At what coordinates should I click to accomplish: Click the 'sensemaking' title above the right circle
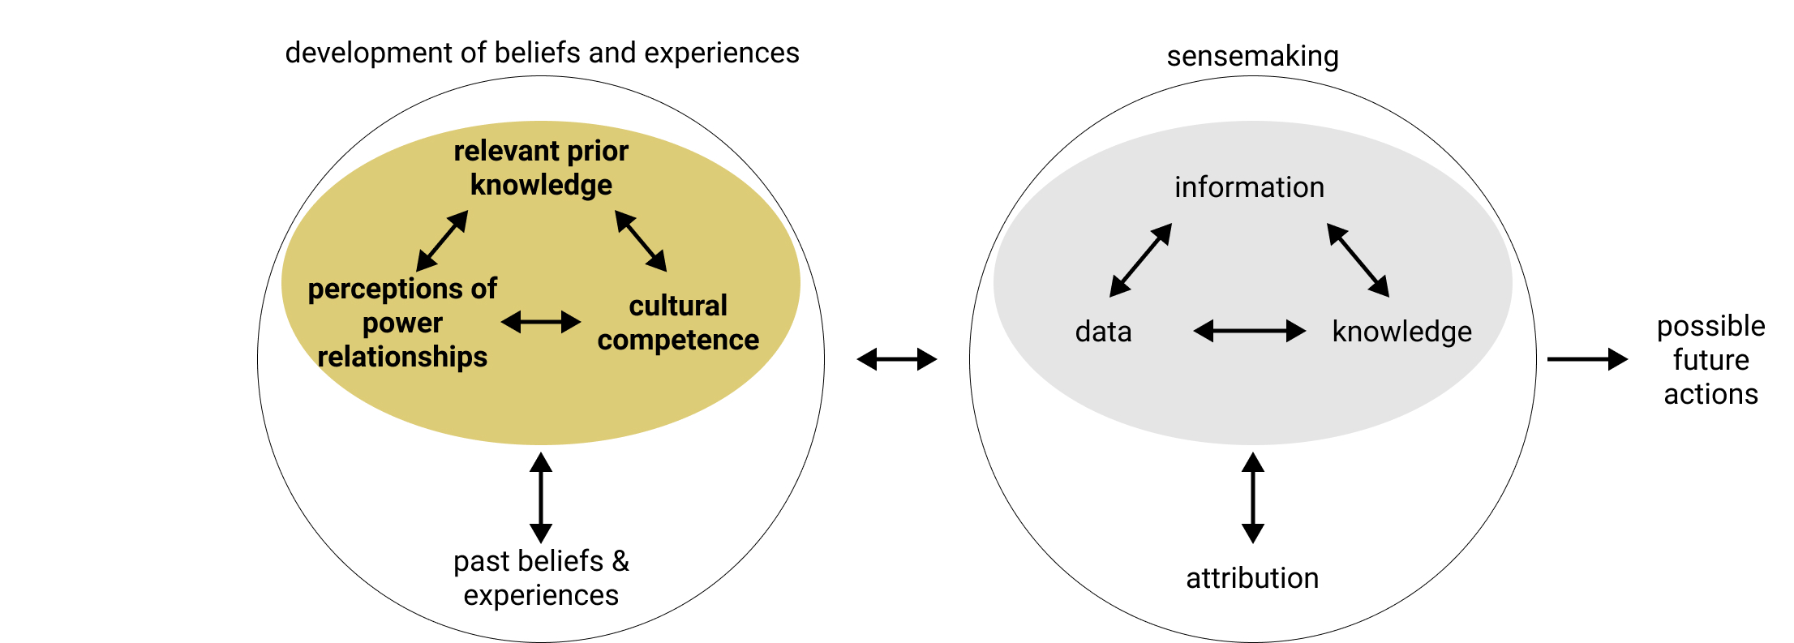[x=1252, y=57]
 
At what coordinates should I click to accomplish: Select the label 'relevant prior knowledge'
[x=541, y=168]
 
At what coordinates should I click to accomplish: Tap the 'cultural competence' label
[x=678, y=323]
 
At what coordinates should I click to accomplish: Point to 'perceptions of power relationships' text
[x=402, y=323]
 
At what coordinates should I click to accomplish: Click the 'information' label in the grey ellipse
[x=1249, y=187]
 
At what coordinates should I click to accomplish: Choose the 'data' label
[x=1103, y=332]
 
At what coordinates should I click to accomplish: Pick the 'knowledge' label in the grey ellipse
[x=1401, y=332]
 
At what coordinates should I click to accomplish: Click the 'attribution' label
[x=1252, y=578]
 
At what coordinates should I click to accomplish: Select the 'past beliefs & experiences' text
[x=541, y=578]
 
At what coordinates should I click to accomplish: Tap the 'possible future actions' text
[x=1710, y=360]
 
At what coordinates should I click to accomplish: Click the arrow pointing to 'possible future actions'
[x=1586, y=359]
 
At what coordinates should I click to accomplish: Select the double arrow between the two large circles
[x=897, y=359]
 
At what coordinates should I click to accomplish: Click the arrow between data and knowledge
[x=1249, y=331]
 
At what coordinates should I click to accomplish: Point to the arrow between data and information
[x=1140, y=260]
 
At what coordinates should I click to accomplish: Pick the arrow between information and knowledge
[x=1358, y=260]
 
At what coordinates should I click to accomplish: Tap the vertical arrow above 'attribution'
[x=1253, y=497]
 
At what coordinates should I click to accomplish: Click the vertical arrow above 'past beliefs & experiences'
[x=541, y=497]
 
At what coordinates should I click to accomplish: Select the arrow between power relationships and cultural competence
[x=541, y=323]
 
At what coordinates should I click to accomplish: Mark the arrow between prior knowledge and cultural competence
[x=641, y=241]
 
